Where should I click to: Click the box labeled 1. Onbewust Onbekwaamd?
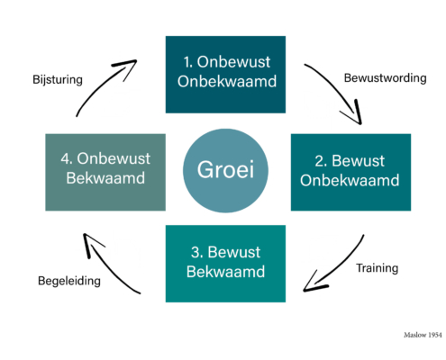(225, 75)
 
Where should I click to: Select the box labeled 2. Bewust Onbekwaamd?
(350, 172)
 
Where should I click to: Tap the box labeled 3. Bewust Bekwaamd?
(225, 264)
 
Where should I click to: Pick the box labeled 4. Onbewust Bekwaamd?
(105, 172)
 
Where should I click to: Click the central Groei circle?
(225, 170)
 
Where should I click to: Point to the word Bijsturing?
(58, 80)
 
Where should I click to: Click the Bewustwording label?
(386, 78)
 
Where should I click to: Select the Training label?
(378, 268)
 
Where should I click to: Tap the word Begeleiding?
(69, 281)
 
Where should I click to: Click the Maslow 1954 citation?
(423, 335)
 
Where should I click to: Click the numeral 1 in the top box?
(187, 62)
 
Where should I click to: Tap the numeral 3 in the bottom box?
(196, 252)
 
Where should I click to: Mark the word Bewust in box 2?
(358, 161)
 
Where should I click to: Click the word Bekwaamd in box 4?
(105, 178)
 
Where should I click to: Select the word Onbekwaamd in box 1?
(227, 81)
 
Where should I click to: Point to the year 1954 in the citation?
(435, 335)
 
